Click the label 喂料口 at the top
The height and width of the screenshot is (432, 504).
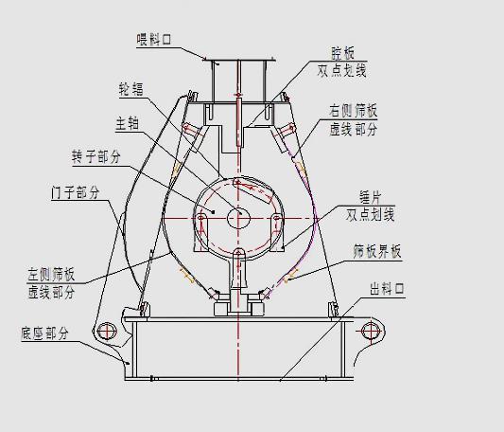click(157, 39)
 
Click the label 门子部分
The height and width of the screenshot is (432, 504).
click(74, 192)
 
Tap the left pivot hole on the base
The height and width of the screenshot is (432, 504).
click(106, 331)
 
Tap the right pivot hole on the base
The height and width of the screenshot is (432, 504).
click(366, 331)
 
